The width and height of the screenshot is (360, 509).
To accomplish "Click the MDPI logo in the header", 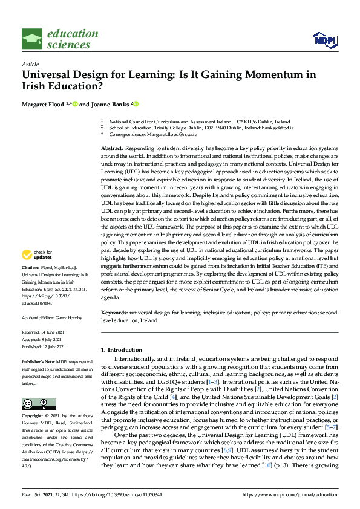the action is (x=325, y=40).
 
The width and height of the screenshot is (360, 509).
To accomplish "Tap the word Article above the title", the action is (x=30, y=64).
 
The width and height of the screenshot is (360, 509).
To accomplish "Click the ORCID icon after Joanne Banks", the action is (x=136, y=104).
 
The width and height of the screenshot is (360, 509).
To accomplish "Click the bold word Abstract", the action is (x=112, y=148).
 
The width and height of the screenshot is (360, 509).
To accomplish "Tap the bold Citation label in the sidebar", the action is (x=30, y=284).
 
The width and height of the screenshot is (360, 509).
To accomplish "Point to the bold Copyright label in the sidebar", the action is (x=33, y=417).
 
